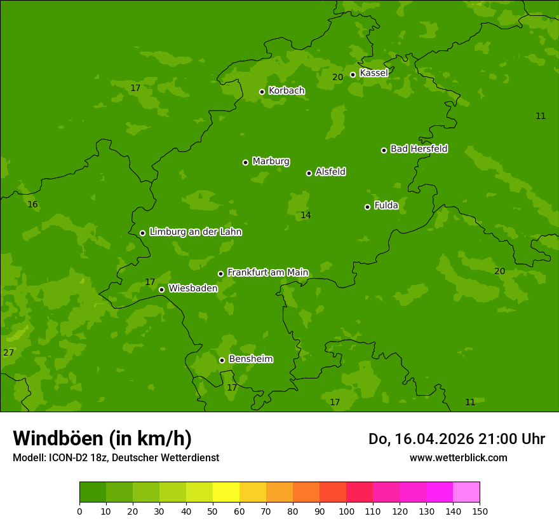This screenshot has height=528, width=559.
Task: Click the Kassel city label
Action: pyautogui.click(x=374, y=73)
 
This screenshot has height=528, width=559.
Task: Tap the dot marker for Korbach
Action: pyautogui.click(x=262, y=92)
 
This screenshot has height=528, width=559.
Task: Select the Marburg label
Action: pyautogui.click(x=271, y=162)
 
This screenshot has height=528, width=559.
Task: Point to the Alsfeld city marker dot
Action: pyautogui.click(x=309, y=173)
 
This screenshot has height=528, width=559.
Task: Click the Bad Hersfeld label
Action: pyautogui.click(x=419, y=149)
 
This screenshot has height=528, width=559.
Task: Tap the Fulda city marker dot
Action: pyautogui.click(x=367, y=207)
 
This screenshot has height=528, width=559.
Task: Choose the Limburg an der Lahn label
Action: pyautogui.click(x=195, y=232)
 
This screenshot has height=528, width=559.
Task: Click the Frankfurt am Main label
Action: pyautogui.click(x=267, y=272)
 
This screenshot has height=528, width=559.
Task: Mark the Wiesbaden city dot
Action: pyautogui.click(x=161, y=289)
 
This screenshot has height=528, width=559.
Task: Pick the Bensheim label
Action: pyautogui.click(x=250, y=359)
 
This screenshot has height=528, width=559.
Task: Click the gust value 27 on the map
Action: pyautogui.click(x=8, y=352)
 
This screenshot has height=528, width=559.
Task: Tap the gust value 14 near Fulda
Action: pyautogui.click(x=306, y=216)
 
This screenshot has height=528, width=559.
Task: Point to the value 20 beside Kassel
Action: pyautogui.click(x=337, y=77)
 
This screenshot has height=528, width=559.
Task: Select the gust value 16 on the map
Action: pyautogui.click(x=32, y=204)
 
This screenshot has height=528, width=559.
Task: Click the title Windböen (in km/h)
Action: pyautogui.click(x=102, y=438)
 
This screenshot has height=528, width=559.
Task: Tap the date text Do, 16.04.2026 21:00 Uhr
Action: pyautogui.click(x=456, y=439)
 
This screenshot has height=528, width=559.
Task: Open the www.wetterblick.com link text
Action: pyautogui.click(x=458, y=457)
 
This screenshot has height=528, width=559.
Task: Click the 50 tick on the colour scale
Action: pyautogui.click(x=213, y=511)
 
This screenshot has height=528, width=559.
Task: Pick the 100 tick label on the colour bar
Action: pyautogui.click(x=346, y=511)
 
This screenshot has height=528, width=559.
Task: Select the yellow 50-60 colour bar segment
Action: pyautogui.click(x=226, y=492)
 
